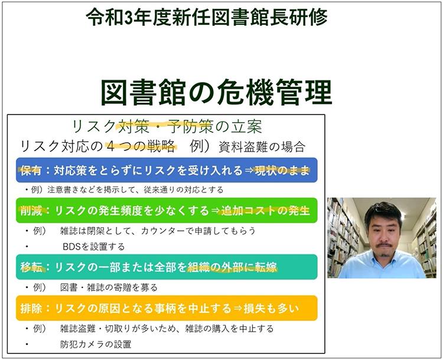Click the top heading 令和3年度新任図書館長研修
click(206, 17)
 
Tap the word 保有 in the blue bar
click(31, 171)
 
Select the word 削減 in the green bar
click(31, 211)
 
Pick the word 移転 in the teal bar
click(31, 267)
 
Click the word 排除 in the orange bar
click(31, 308)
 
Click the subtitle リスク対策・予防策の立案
click(166, 126)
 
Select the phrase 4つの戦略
click(140, 146)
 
